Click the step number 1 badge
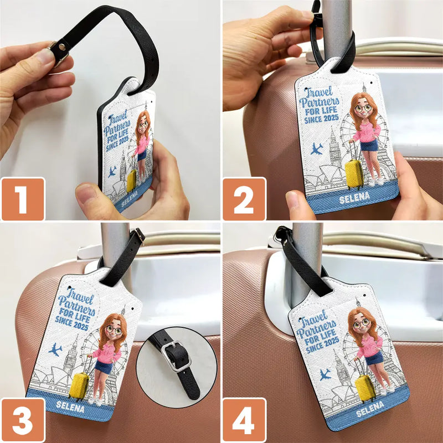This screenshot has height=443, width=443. (x=23, y=199)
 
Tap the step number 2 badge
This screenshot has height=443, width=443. (x=244, y=199)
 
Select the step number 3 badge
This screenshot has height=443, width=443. (x=23, y=420)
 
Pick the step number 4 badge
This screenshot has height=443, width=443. (x=244, y=420)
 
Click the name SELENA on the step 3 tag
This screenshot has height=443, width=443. (x=71, y=408)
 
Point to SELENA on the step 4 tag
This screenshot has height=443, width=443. (x=370, y=411)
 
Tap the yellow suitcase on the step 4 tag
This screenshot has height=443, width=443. (x=366, y=387)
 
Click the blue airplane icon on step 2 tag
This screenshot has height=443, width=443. (x=317, y=148)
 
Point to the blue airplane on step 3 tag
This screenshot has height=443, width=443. (x=55, y=349)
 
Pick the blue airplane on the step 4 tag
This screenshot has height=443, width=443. (x=324, y=374)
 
